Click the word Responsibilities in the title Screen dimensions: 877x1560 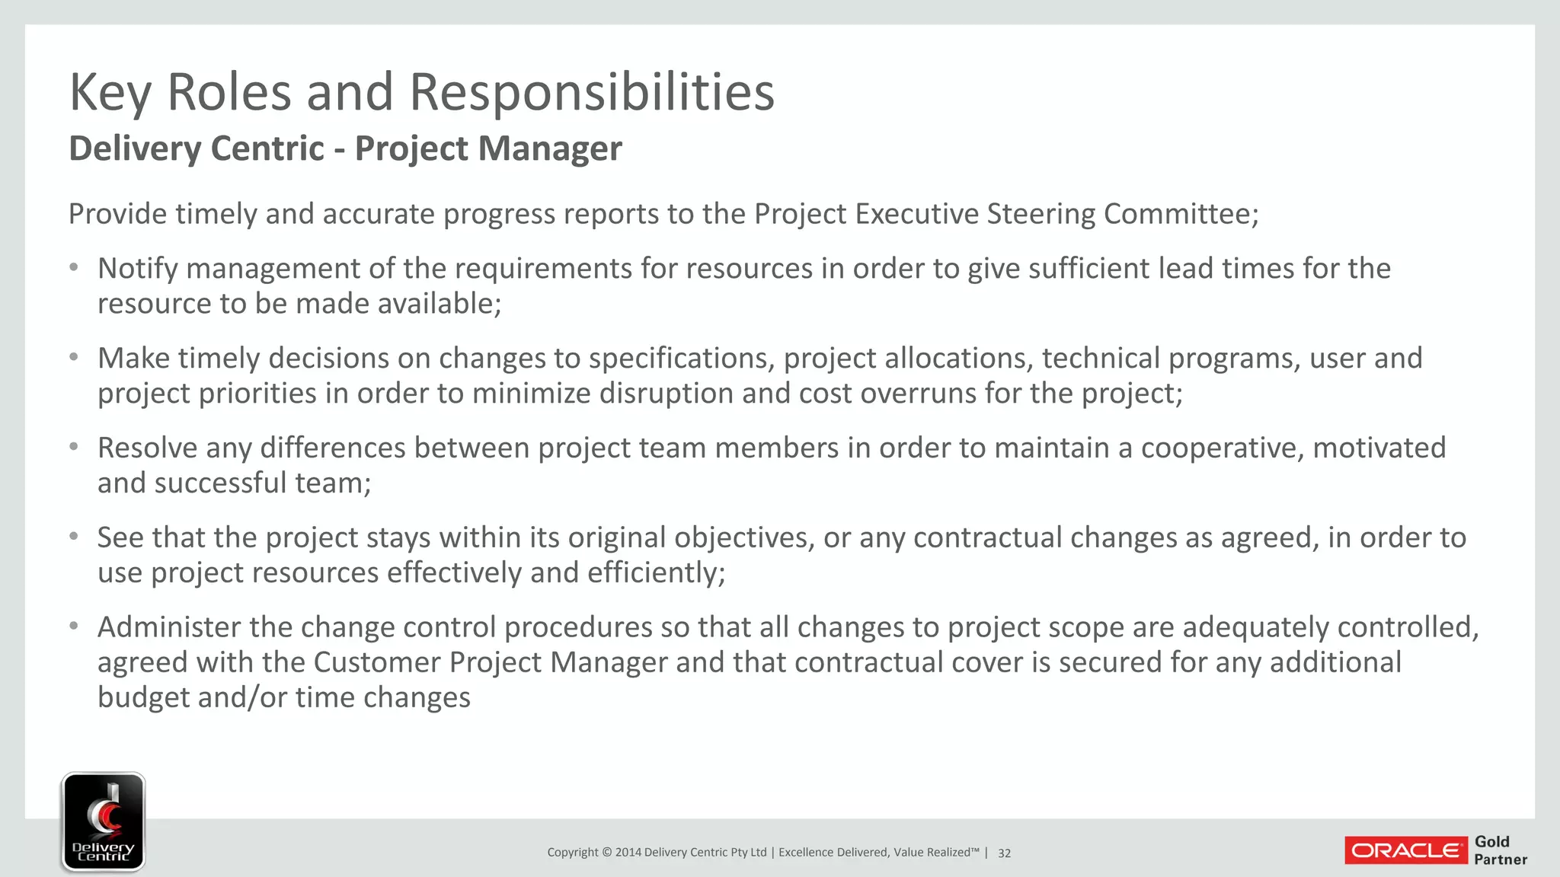[592, 92]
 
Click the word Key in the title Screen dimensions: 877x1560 [110, 92]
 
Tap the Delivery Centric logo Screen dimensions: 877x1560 [104, 821]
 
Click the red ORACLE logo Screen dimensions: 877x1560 [1405, 850]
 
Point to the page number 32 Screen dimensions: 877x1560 [1004, 853]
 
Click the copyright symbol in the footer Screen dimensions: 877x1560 [606, 853]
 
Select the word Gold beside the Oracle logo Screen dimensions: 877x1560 [1491, 841]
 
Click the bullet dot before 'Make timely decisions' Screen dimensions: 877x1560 [74, 357]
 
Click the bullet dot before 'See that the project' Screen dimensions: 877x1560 [74, 537]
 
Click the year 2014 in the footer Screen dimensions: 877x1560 [628, 853]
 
